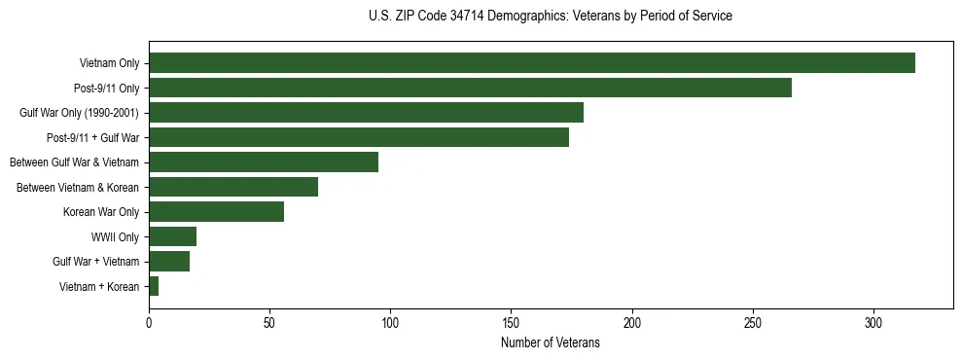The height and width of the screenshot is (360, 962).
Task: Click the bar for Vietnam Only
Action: click(531, 63)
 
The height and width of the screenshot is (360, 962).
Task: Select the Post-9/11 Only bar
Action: click(470, 88)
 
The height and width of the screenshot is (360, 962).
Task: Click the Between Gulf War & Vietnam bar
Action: click(264, 162)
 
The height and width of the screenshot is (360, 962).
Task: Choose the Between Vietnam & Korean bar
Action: click(233, 187)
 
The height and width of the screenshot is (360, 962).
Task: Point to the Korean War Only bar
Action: click(216, 212)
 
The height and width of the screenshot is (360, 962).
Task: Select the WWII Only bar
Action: click(172, 236)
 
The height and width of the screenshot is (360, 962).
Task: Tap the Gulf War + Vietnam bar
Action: click(169, 262)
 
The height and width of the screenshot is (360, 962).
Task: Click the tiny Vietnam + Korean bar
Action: click(154, 286)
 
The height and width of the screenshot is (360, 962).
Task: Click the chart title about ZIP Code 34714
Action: click(551, 17)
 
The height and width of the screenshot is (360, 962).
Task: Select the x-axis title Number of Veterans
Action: click(551, 343)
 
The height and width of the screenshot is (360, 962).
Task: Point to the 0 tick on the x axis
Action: click(149, 324)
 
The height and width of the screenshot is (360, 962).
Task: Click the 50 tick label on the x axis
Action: click(269, 324)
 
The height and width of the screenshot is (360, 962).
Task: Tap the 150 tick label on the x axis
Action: click(511, 324)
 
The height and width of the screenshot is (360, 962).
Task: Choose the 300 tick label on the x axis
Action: click(873, 324)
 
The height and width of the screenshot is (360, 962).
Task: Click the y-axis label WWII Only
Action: click(115, 236)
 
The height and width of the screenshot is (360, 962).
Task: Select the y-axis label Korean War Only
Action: click(101, 212)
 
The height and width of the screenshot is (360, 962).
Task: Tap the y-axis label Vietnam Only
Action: click(109, 63)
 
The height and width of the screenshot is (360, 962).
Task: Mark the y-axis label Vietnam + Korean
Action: click(99, 286)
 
